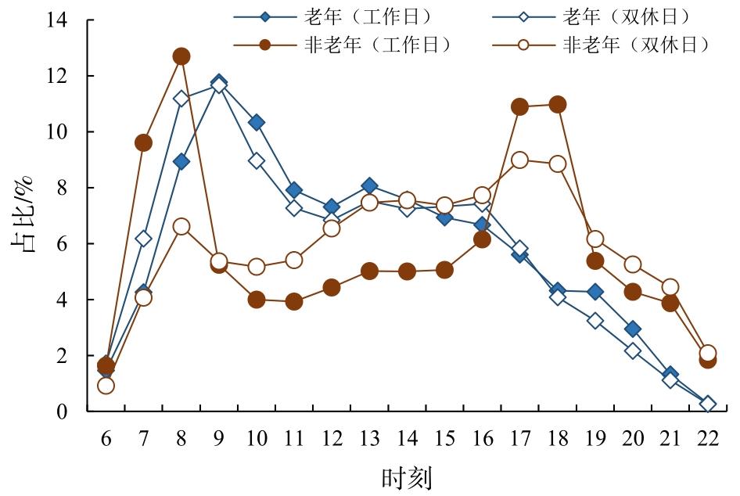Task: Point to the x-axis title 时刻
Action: point(407,476)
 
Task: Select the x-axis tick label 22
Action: point(708,437)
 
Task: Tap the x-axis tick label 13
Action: point(369,437)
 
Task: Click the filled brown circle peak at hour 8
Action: point(181,56)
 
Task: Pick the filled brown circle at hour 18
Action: point(558,104)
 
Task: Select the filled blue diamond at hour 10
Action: point(257,122)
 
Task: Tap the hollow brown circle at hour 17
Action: point(519,160)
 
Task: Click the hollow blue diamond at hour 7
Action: point(144,238)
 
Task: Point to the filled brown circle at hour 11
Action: point(294,301)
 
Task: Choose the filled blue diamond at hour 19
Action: point(595,292)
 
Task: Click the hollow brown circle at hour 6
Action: point(106,385)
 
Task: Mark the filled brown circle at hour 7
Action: point(144,142)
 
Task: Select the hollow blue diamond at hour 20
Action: point(633,350)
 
